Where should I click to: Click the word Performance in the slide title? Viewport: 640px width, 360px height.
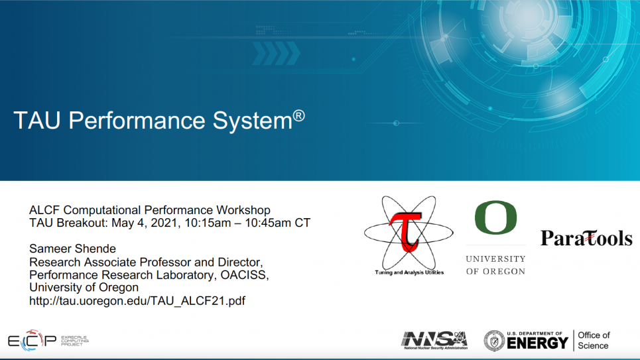[137, 121]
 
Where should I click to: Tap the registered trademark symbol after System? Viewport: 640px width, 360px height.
[298, 115]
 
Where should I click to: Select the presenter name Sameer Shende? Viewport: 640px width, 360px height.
[73, 249]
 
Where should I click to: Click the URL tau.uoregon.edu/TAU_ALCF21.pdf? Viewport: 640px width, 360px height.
[137, 301]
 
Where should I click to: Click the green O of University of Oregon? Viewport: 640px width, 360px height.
[495, 217]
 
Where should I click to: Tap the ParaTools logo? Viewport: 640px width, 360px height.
[586, 238]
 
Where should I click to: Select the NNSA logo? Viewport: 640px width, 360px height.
[434, 340]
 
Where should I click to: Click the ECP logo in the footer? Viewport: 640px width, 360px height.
[48, 340]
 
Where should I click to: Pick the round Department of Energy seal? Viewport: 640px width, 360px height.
[494, 341]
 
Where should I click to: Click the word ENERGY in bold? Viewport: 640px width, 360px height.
[538, 343]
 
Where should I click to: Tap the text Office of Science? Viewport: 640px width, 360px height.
[594, 340]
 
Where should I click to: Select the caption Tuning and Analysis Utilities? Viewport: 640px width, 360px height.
[409, 272]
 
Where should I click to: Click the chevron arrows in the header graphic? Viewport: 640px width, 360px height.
[276, 53]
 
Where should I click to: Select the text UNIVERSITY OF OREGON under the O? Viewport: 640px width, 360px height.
[495, 265]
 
